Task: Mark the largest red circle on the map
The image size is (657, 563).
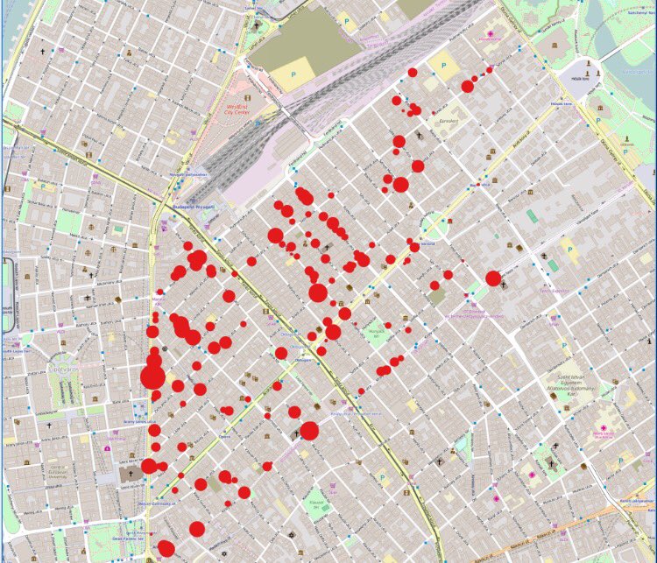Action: (152, 377)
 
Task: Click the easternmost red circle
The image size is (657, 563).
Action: (493, 278)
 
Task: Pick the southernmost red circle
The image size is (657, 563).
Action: (166, 549)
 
